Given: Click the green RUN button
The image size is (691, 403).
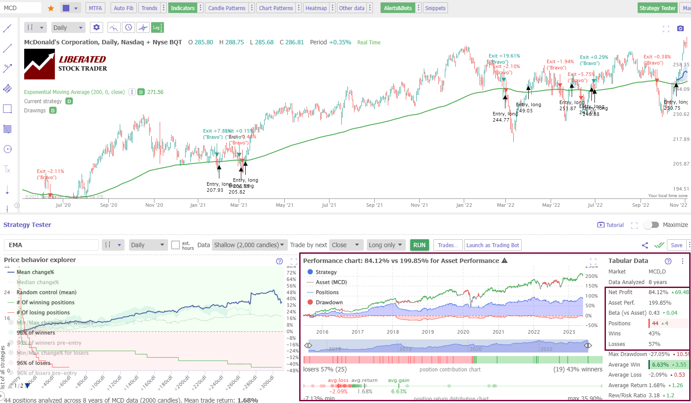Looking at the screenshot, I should (x=419, y=245).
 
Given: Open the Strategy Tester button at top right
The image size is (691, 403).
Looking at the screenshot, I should (x=657, y=8).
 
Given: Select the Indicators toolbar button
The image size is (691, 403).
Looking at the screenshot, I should (x=183, y=8).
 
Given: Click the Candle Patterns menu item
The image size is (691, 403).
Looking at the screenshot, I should (x=226, y=8).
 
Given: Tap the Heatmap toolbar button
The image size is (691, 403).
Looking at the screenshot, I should (x=316, y=8).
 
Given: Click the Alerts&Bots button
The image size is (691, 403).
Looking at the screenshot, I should (x=397, y=8).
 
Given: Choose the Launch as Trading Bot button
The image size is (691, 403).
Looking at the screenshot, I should (x=492, y=245).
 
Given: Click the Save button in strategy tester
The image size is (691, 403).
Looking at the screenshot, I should (x=676, y=245).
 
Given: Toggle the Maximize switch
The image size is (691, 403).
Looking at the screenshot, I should (x=652, y=225).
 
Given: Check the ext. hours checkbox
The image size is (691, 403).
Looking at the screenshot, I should (x=175, y=245).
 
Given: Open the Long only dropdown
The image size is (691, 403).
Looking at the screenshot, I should (x=385, y=245).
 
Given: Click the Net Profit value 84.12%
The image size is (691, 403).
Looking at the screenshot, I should (x=658, y=292).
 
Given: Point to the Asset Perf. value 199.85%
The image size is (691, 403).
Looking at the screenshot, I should (x=660, y=302).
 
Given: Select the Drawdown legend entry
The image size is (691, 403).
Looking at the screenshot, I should (x=329, y=302).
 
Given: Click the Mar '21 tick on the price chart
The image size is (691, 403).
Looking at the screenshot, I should (x=239, y=205).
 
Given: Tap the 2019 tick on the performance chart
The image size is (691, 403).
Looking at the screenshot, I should (x=428, y=332).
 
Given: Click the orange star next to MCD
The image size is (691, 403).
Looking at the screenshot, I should (x=51, y=8).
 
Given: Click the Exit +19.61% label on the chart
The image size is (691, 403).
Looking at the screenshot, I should (x=504, y=56).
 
